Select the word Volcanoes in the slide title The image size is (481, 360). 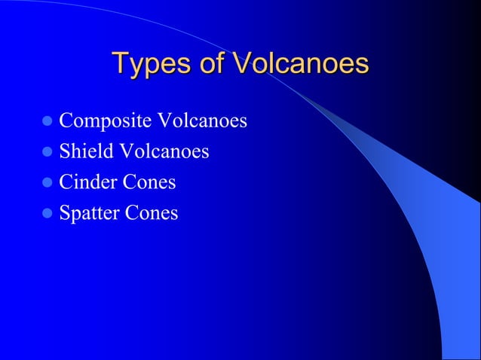[x=300, y=64]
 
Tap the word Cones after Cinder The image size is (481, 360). [x=151, y=182]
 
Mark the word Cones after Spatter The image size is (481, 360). [x=152, y=213]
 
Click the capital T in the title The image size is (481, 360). [x=119, y=63]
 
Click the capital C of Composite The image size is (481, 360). [x=66, y=121]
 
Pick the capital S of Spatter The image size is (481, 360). [x=65, y=213]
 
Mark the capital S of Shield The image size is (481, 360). [x=65, y=151]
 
